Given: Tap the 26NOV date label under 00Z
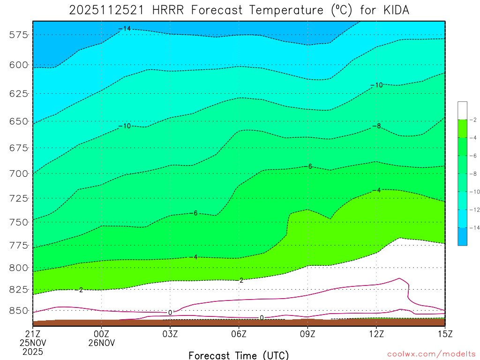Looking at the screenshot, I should click(102, 342).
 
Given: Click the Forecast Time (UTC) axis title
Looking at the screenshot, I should click(239, 355).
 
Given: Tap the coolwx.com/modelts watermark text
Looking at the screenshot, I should click(431, 353).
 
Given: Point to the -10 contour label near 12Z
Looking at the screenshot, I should click(376, 85).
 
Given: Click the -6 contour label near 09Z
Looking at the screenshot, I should click(308, 166).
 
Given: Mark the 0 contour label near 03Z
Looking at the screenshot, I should click(170, 312).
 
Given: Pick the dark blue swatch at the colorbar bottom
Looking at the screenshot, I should click(462, 236).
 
